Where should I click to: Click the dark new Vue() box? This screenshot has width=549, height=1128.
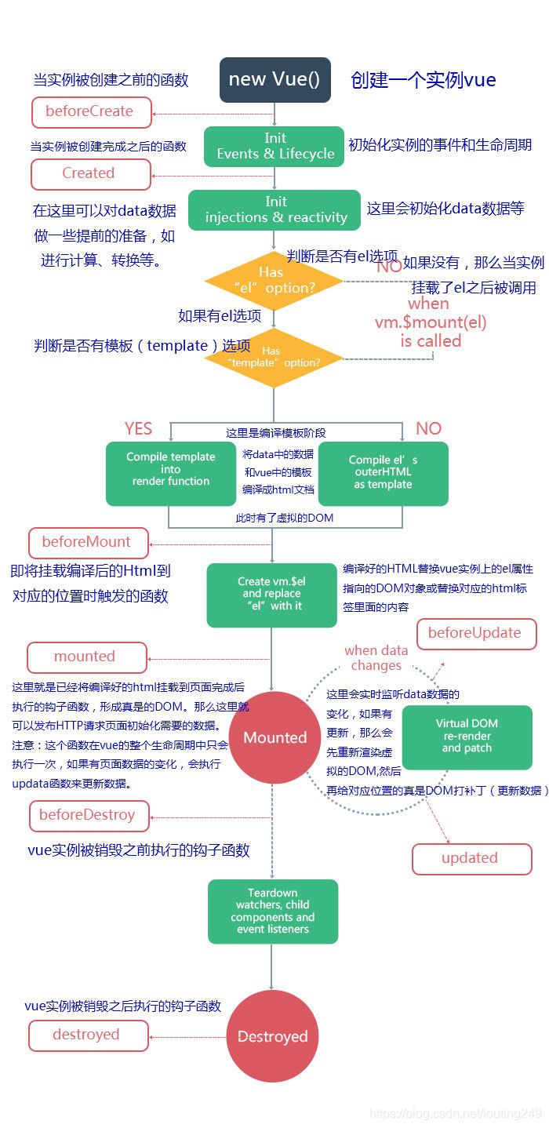pyautogui.click(x=274, y=80)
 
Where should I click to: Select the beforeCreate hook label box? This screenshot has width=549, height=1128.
pyautogui.click(x=90, y=111)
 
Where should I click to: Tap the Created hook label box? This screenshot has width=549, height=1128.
pyautogui.click(x=90, y=173)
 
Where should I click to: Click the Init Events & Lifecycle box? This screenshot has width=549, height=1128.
pyautogui.click(x=274, y=147)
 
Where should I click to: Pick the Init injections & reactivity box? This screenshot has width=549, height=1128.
pyautogui.click(x=274, y=209)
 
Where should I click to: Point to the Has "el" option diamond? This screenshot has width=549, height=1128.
pyautogui.click(x=273, y=281)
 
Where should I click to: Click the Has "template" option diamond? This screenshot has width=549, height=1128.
pyautogui.click(x=273, y=358)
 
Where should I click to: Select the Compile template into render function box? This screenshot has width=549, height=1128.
pyautogui.click(x=171, y=473)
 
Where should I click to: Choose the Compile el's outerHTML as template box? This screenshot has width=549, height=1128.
pyautogui.click(x=383, y=473)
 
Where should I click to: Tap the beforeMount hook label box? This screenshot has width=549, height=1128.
pyautogui.click(x=87, y=542)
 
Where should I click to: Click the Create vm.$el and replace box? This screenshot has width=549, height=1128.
pyautogui.click(x=271, y=595)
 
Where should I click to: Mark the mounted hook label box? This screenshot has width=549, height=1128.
pyautogui.click(x=86, y=657)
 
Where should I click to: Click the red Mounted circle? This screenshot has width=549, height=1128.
pyautogui.click(x=274, y=737)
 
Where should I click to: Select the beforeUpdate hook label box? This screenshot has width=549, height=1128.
pyautogui.click(x=476, y=634)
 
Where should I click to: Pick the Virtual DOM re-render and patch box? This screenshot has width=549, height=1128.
pyautogui.click(x=467, y=737)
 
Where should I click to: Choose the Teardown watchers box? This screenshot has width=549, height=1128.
pyautogui.click(x=273, y=911)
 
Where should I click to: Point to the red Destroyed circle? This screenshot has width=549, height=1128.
pyautogui.click(x=273, y=1037)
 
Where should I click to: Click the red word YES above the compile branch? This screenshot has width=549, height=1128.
pyautogui.click(x=139, y=428)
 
